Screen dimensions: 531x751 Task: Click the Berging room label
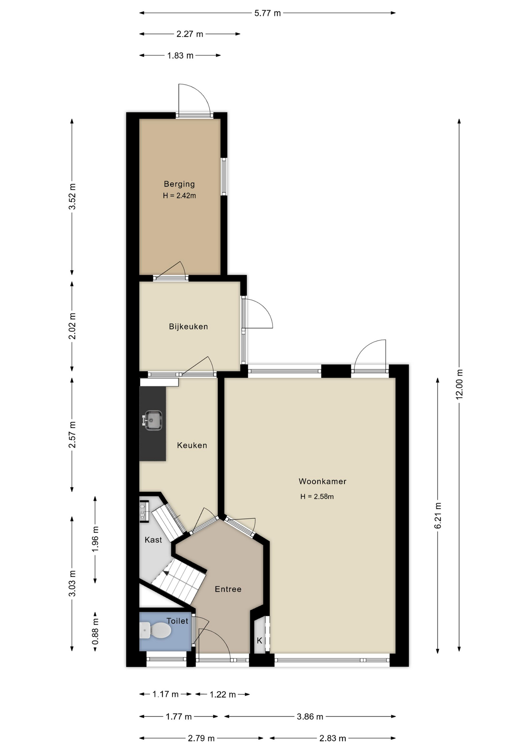pos(179,184)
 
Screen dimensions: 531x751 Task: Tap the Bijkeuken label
pos(188,326)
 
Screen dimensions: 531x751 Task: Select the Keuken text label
pos(192,445)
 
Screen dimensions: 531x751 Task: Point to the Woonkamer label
pos(323,482)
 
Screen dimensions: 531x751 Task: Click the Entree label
pos(228,589)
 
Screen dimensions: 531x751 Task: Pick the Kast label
pos(153,540)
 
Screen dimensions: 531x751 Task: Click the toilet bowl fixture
pos(155,630)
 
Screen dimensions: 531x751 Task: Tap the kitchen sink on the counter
pos(152,420)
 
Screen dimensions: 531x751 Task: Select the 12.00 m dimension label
pos(459,384)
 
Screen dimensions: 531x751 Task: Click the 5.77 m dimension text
pos(268,13)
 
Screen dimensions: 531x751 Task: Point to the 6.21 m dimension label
pos(438,516)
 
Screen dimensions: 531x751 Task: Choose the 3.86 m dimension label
pos(310,717)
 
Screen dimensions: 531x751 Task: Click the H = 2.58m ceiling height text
pos(317,497)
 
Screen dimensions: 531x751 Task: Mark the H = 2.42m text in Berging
pos(179,196)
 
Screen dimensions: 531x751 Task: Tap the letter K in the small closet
pos(259,641)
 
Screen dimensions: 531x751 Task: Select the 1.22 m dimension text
pos(223,694)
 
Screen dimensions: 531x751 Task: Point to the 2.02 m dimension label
pos(72,326)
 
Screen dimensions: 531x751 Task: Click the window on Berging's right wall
pos(224,176)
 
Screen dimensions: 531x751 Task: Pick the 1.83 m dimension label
pos(180,56)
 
